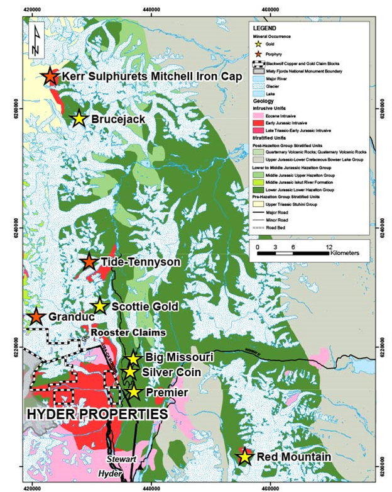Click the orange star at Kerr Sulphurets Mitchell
(x=49, y=76)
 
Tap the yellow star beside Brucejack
(x=79, y=118)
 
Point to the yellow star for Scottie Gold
(x=99, y=306)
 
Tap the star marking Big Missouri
(x=133, y=359)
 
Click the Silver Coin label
(x=171, y=372)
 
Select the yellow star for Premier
(x=133, y=392)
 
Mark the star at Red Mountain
(x=244, y=456)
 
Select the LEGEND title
(x=264, y=29)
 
